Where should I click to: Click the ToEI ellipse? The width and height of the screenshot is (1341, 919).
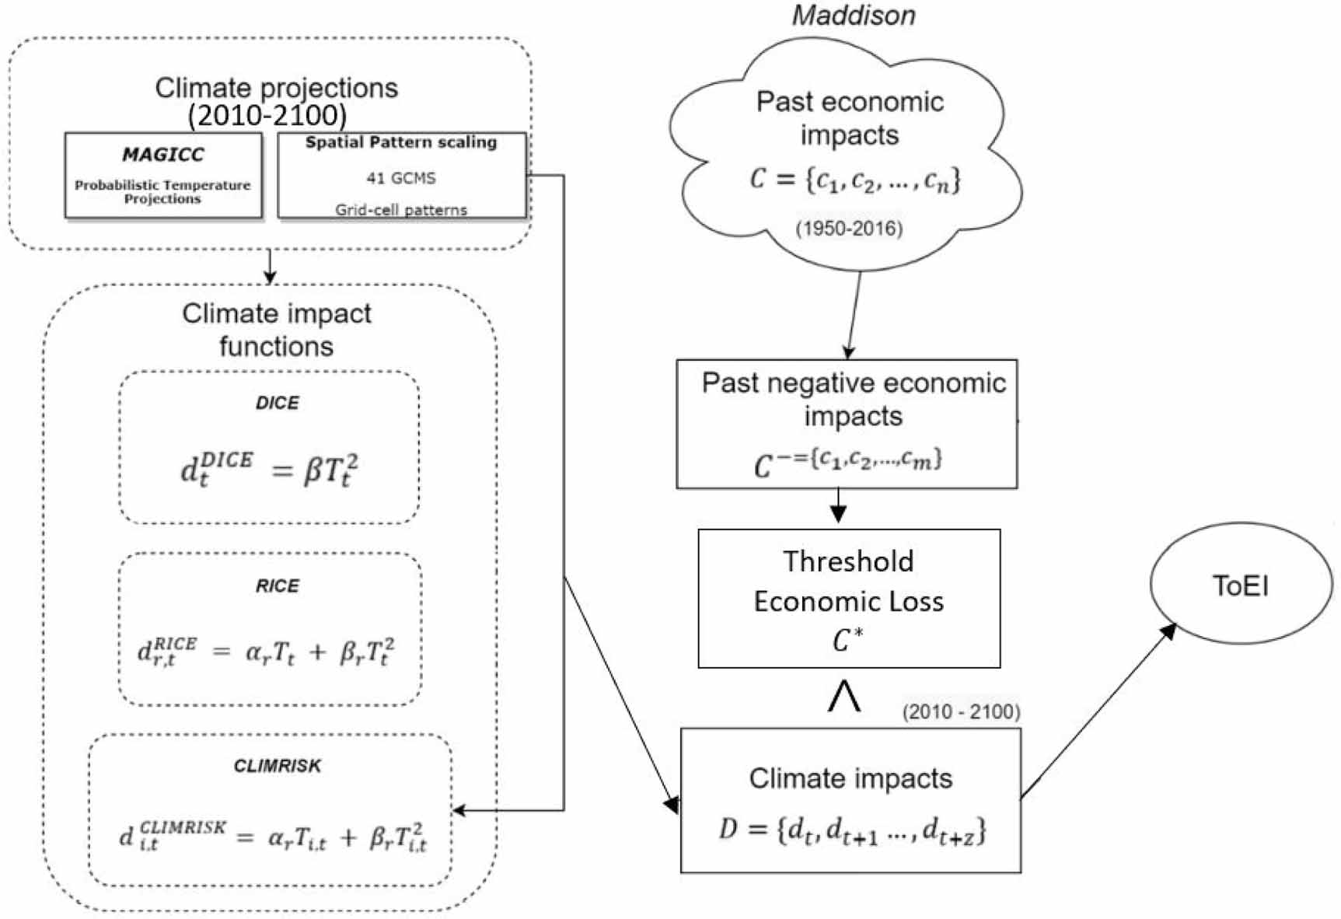[x=1241, y=585]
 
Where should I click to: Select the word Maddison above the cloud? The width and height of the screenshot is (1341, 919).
[x=853, y=16]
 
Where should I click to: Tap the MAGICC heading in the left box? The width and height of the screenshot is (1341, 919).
[x=163, y=154]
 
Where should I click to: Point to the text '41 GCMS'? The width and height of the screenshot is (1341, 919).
[x=401, y=178]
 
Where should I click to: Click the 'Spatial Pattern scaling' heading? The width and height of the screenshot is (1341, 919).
[x=401, y=142]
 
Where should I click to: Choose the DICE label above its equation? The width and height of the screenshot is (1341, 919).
[x=278, y=403]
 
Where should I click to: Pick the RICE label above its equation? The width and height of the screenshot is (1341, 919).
[x=278, y=585]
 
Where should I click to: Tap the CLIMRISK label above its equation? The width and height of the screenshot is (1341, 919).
[x=278, y=766]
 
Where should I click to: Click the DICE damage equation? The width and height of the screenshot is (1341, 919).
[x=270, y=470]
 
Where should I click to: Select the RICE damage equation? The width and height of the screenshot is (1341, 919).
[x=266, y=652]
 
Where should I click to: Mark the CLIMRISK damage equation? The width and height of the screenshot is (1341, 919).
[x=273, y=837]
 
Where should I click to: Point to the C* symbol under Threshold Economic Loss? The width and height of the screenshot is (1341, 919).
[x=847, y=640]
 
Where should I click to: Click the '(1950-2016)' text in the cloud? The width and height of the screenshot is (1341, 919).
[x=848, y=229]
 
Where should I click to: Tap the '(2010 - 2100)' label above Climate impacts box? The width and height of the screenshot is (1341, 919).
[x=961, y=711]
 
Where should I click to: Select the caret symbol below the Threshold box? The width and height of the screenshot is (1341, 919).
[x=843, y=696]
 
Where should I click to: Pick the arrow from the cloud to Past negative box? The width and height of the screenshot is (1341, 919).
[x=854, y=315]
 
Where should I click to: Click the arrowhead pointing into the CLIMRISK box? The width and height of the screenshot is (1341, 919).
[x=459, y=810]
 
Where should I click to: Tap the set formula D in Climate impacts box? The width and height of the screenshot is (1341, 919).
[x=852, y=830]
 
